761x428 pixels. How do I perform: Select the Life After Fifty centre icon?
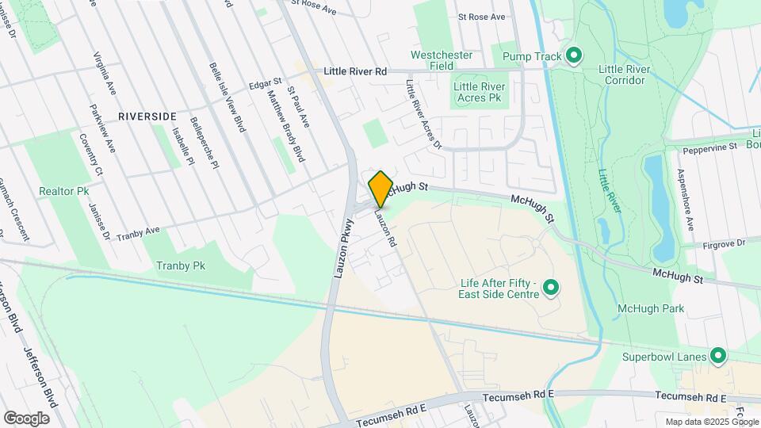[553, 289]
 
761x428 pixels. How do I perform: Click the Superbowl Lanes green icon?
[718, 357]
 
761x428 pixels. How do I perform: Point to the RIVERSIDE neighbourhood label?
[147, 117]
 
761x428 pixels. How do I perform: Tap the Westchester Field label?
[442, 60]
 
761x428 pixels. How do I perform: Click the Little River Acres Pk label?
[478, 92]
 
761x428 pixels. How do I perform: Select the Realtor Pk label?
[63, 191]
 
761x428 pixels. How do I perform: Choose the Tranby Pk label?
[181, 266]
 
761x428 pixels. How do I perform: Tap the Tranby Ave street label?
[138, 234]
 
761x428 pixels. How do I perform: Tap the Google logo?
[26, 418]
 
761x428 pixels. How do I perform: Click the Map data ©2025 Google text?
[710, 422]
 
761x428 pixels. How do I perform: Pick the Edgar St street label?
[265, 82]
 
